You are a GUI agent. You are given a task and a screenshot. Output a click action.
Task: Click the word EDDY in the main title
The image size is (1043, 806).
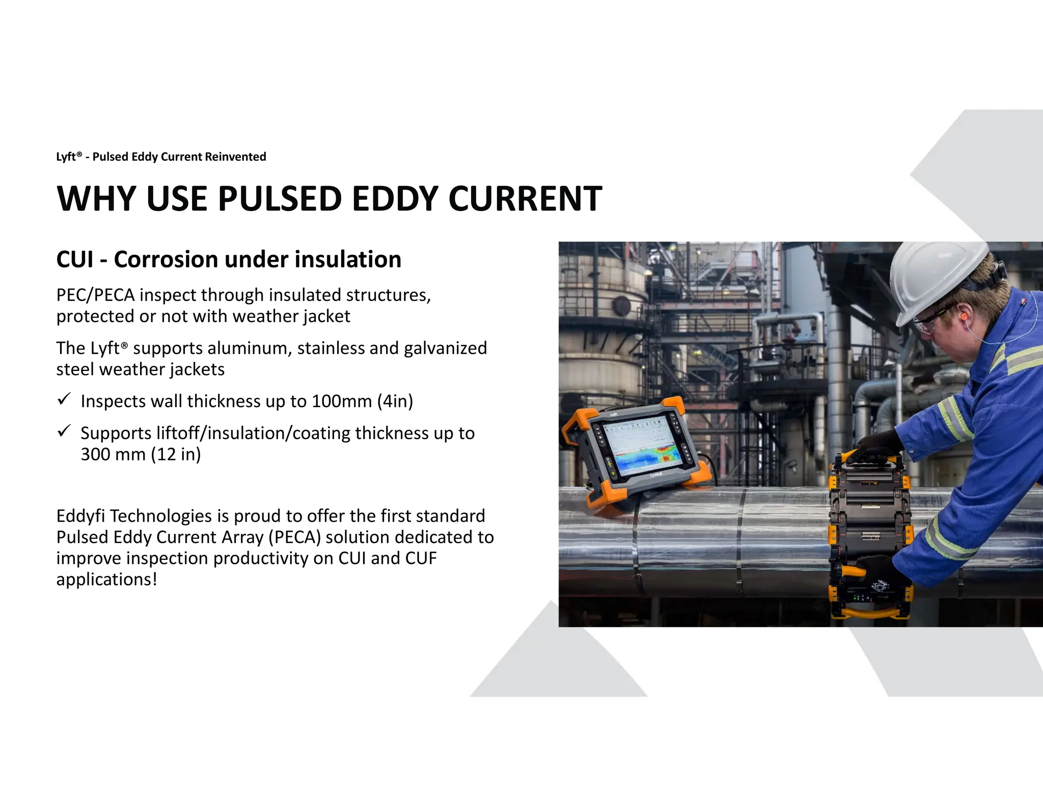tap(395, 199)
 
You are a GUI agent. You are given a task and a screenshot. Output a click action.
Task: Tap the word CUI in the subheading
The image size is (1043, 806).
tap(75, 259)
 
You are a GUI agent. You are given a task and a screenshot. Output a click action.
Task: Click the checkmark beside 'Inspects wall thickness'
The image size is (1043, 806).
tap(64, 399)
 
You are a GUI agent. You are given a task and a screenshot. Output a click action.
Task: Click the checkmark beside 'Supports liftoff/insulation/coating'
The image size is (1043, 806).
tap(64, 432)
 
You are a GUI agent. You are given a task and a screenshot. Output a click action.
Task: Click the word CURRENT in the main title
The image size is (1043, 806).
tap(525, 199)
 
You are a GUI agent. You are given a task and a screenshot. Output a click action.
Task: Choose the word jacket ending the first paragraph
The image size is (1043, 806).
tap(326, 317)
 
